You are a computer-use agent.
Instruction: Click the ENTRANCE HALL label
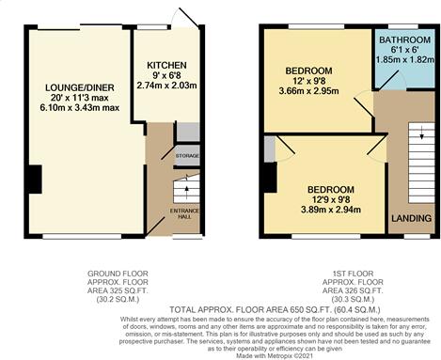[184, 211]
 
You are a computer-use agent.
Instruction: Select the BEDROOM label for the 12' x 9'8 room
[307, 70]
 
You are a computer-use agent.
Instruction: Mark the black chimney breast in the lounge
[34, 178]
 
